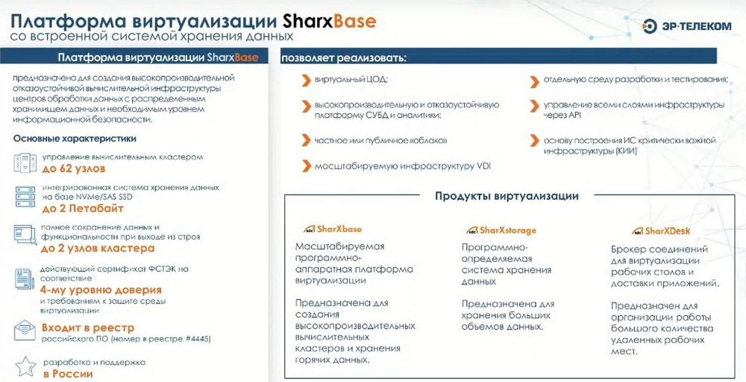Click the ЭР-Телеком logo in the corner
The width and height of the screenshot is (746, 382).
coord(686,26)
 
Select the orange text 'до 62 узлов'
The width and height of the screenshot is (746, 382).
coord(74,169)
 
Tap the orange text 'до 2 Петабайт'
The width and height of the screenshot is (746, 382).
coord(83,208)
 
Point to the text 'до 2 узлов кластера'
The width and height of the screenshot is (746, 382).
coord(98,248)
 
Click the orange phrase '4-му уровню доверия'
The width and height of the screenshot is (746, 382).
coord(101,289)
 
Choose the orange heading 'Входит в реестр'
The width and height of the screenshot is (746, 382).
coord(88,328)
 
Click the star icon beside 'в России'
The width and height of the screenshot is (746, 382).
coord(25,366)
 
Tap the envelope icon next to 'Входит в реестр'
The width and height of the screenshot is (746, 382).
coord(25,331)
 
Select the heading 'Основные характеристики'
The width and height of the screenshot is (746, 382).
coord(75,139)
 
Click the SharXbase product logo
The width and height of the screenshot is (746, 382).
coord(333,229)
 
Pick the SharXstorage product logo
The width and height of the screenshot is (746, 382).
coord(501,231)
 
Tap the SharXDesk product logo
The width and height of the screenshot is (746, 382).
coord(661,231)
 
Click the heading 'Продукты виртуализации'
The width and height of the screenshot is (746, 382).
coord(507,196)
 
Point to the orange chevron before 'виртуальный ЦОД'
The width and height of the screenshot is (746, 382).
coord(307,80)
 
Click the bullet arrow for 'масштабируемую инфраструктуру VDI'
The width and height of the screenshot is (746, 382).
coord(307,166)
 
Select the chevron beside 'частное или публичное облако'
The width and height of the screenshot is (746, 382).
coord(307,140)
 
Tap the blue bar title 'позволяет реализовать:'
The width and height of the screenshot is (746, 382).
coord(343,58)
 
